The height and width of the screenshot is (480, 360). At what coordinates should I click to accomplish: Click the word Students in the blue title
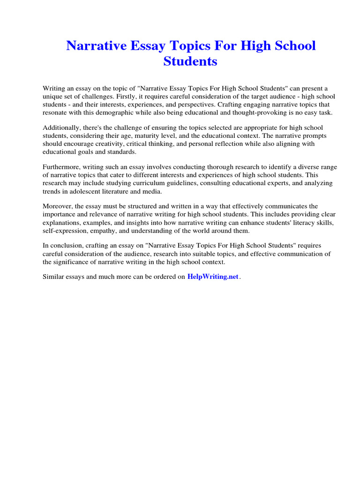190,61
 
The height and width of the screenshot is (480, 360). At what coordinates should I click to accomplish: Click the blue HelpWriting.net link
213,277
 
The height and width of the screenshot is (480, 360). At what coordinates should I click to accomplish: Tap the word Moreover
57,206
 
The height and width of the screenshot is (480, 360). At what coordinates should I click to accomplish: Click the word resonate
56,112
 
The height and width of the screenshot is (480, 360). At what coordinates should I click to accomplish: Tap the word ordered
162,277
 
